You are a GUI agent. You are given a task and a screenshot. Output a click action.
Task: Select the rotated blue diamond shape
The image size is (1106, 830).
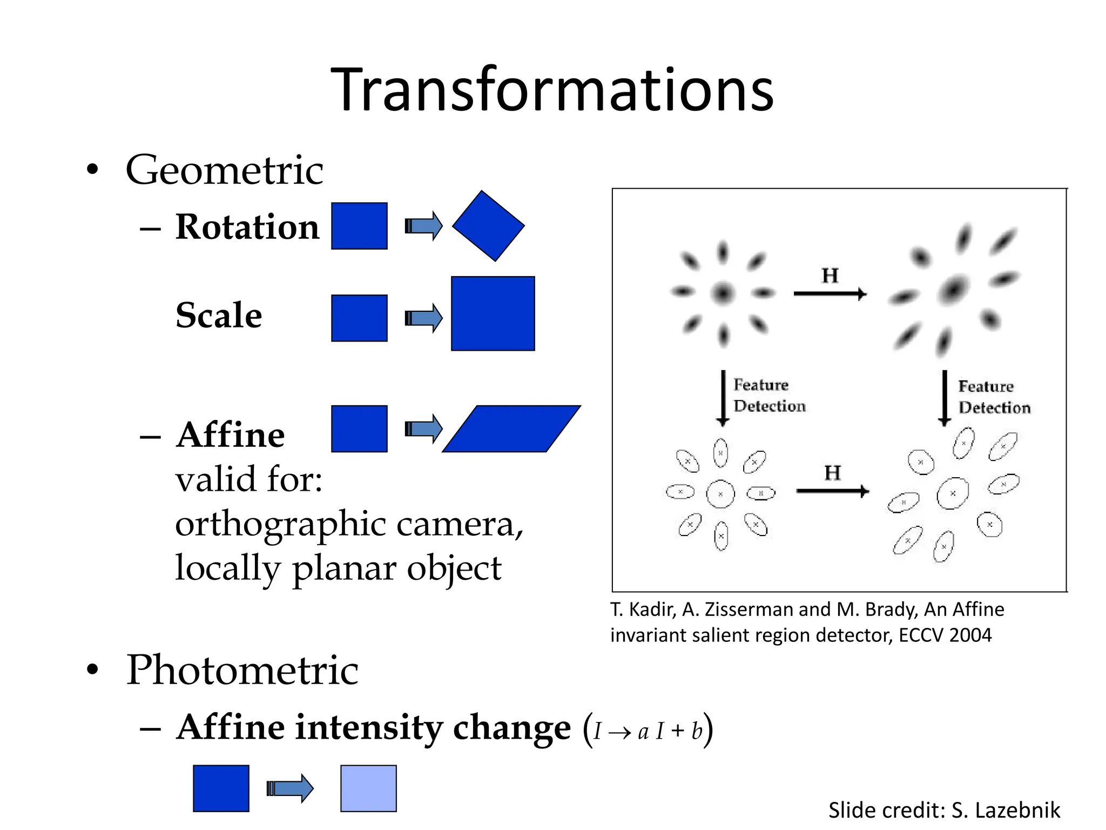(x=488, y=226)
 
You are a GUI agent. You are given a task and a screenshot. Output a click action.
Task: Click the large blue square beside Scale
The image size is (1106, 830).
(x=493, y=313)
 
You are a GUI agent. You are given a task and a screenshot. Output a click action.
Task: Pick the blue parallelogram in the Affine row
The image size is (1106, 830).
(x=511, y=429)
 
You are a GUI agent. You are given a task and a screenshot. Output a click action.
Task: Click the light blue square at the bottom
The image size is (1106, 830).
(x=368, y=788)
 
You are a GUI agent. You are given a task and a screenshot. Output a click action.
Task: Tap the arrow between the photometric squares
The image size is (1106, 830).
(x=290, y=788)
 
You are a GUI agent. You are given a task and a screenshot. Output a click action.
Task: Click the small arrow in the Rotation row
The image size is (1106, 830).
(x=423, y=226)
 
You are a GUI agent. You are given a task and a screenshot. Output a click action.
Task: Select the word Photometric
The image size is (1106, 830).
(x=242, y=670)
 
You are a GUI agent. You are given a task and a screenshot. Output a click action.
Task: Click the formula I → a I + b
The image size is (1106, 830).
(x=648, y=731)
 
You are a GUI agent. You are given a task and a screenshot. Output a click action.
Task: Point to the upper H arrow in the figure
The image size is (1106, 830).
(x=830, y=293)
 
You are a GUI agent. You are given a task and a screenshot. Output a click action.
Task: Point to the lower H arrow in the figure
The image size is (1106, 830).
(x=832, y=491)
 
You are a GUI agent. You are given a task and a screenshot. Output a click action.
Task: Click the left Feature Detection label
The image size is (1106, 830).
(x=768, y=396)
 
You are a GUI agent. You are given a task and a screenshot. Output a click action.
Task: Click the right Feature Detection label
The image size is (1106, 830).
(x=994, y=397)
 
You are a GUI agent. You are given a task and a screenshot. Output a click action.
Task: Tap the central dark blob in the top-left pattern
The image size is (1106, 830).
(x=723, y=293)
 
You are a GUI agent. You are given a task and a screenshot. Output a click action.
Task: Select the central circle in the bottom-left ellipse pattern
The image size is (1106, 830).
(x=720, y=493)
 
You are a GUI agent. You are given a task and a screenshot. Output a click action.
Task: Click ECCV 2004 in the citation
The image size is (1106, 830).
(x=945, y=635)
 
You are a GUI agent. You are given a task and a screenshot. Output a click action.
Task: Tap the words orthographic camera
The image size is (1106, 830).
(x=349, y=524)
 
